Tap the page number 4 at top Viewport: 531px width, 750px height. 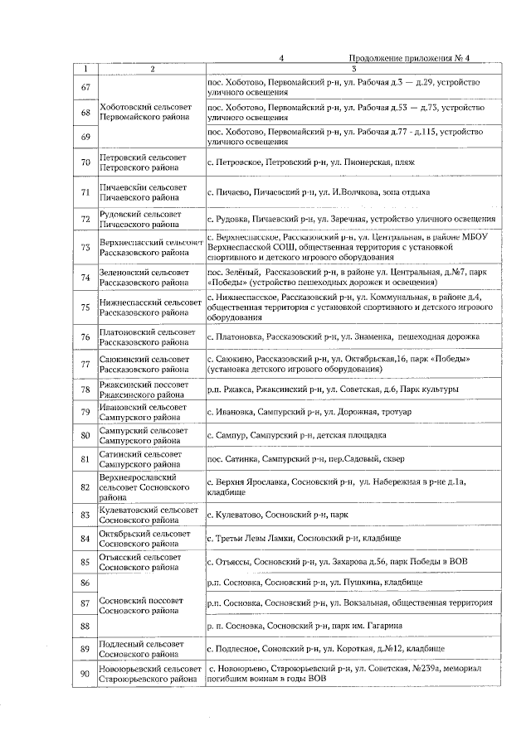[x=282, y=58]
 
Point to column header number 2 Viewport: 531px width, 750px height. [x=151, y=69]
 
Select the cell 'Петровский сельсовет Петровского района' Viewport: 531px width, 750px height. [x=144, y=162]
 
